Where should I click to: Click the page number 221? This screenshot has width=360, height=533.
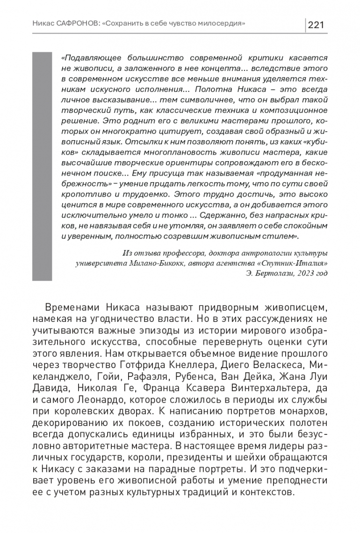click(x=317, y=25)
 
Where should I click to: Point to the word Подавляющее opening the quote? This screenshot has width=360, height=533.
click(x=87, y=58)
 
